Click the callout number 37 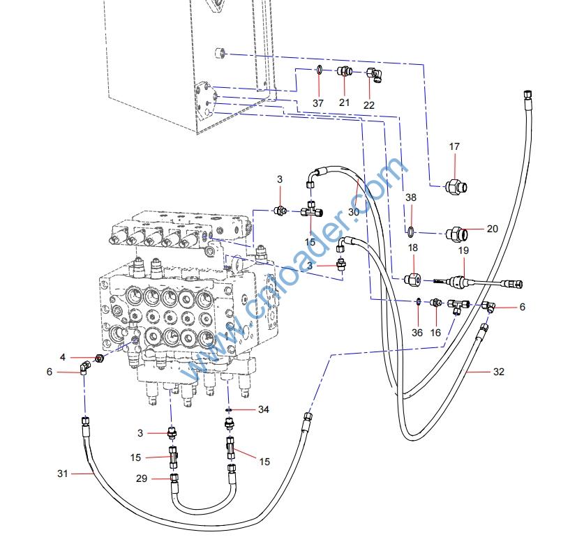click(319, 103)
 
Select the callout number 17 click(454, 146)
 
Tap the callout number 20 click(493, 229)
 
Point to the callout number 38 click(411, 198)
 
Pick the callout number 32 click(498, 372)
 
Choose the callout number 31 click(63, 474)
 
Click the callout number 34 click(263, 409)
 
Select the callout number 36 click(417, 333)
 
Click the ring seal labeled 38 click(411, 229)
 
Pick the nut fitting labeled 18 click(412, 280)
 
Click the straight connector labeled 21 click(344, 71)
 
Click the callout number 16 click(435, 333)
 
